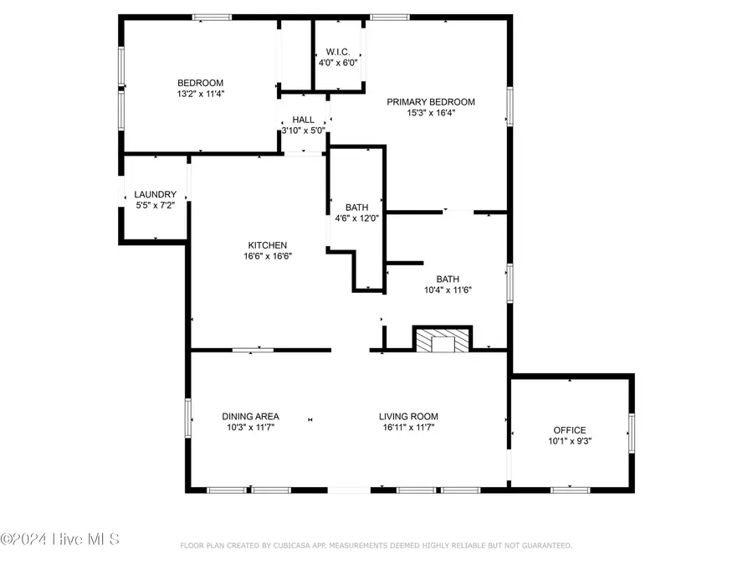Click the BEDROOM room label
200,82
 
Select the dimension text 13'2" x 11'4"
200,94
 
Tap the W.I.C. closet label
338,51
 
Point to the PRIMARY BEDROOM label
430,102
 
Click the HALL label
303,120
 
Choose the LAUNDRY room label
156,194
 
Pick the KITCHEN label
261,245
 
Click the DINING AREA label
250,416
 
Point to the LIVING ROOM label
408,416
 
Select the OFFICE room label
570,429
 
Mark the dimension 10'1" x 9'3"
570,440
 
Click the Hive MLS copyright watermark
59,539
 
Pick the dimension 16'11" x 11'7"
408,427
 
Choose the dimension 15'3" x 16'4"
430,114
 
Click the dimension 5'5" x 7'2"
156,205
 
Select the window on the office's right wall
632,431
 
